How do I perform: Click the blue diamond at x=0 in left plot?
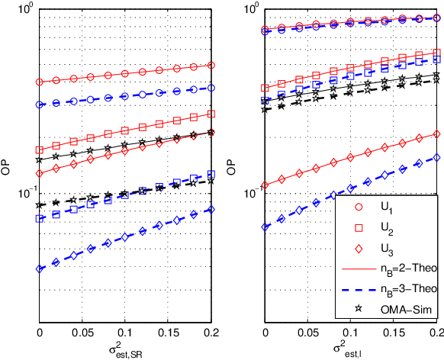(x=40, y=268)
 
